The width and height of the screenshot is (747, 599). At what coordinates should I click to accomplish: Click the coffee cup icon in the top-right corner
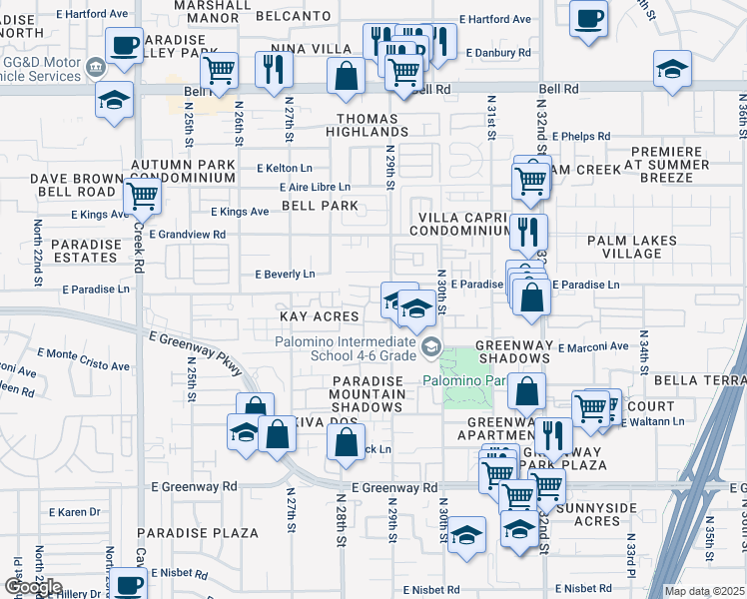[x=589, y=17]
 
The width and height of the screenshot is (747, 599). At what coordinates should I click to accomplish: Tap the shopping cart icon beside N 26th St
[x=219, y=70]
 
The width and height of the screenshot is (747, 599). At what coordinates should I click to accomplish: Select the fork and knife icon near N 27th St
[x=272, y=69]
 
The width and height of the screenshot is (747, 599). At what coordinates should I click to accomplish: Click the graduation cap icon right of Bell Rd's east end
[x=672, y=69]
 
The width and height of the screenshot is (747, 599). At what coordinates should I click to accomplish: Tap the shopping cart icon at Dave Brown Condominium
[x=142, y=196]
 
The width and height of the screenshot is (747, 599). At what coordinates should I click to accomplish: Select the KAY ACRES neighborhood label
[x=320, y=316]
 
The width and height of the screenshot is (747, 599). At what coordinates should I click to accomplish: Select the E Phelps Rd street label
[x=579, y=136]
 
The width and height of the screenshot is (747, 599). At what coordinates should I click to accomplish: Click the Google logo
[x=32, y=587]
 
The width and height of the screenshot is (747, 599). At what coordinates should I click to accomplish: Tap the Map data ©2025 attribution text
[x=704, y=591]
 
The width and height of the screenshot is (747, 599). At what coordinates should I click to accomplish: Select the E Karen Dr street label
[x=80, y=512]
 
